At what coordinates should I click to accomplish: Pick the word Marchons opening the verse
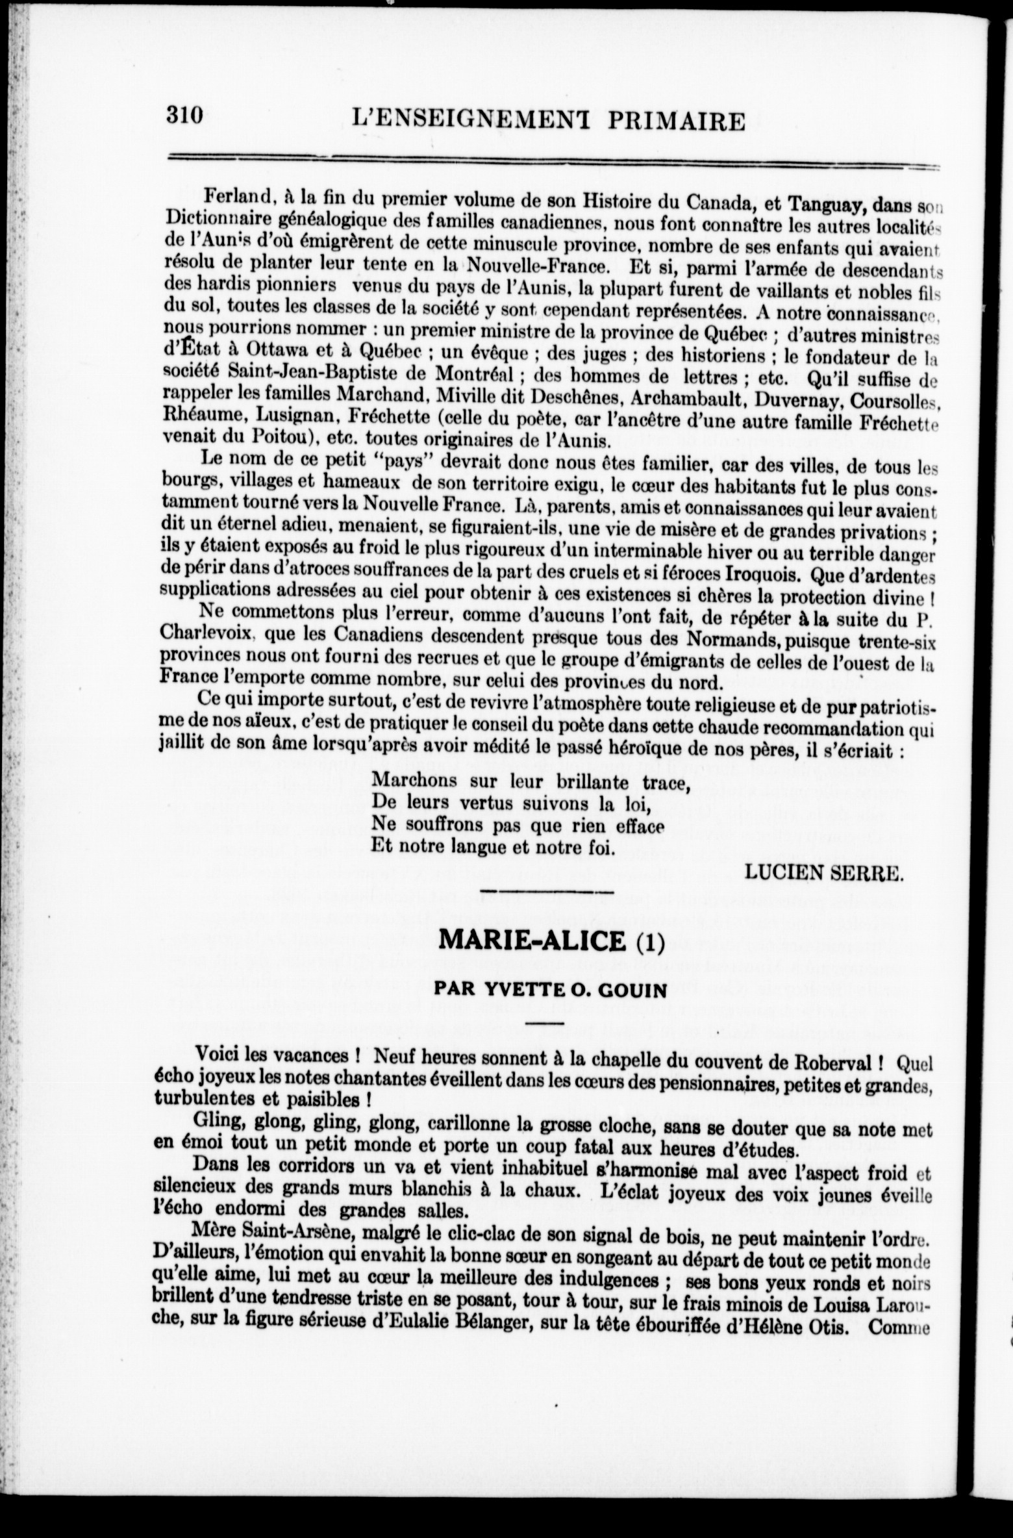coord(414,779)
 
